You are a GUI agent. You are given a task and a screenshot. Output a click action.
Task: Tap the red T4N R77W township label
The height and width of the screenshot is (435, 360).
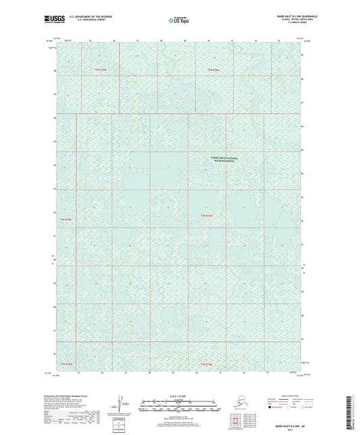tap(66, 220)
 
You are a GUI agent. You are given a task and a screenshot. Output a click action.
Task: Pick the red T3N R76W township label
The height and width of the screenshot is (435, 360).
tap(66, 365)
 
